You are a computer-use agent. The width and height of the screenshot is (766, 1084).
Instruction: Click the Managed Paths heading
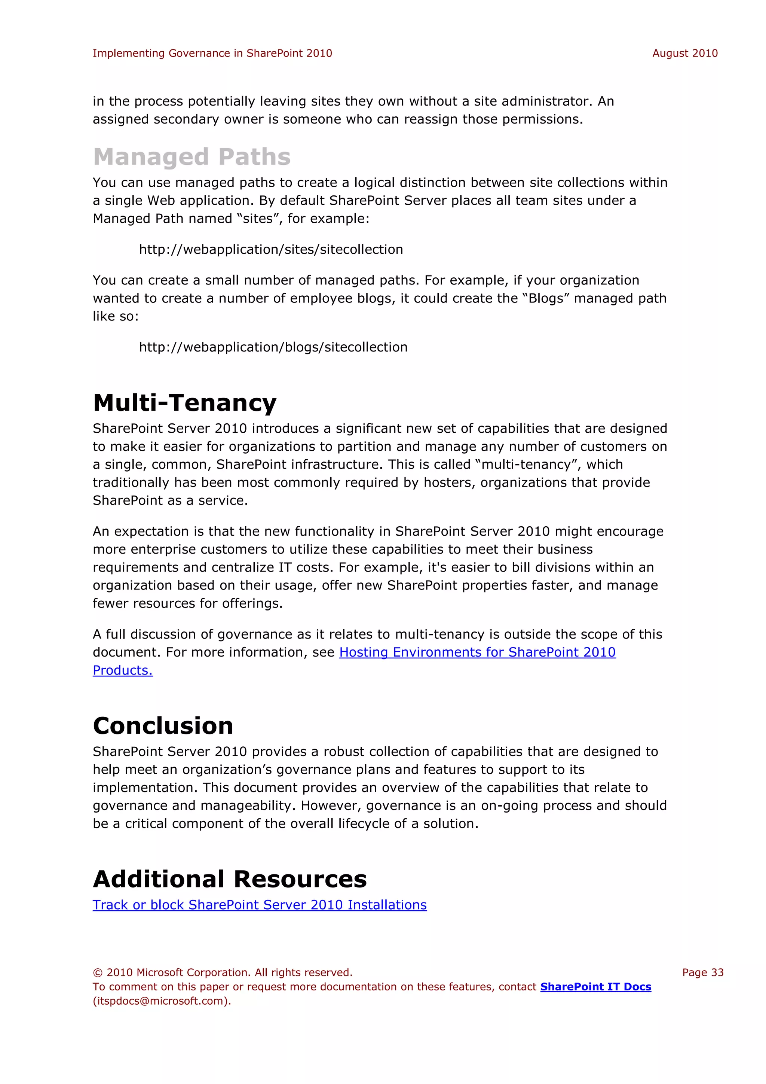191,157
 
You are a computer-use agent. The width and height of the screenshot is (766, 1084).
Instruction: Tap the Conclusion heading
163,726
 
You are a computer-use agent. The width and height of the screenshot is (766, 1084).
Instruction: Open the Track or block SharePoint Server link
260,905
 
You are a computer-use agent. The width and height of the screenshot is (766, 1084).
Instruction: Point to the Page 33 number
702,972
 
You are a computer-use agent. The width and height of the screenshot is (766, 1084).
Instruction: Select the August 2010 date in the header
685,54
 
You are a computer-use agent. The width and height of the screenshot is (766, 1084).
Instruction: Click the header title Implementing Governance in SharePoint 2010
212,54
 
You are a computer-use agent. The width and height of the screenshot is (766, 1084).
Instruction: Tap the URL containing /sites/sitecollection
271,249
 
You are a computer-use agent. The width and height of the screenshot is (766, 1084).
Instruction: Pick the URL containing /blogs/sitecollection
273,347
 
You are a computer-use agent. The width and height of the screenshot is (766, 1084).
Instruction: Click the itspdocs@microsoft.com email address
160,1001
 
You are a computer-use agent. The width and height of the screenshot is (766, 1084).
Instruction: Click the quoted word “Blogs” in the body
546,298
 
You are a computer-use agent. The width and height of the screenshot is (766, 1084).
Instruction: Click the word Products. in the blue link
123,670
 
